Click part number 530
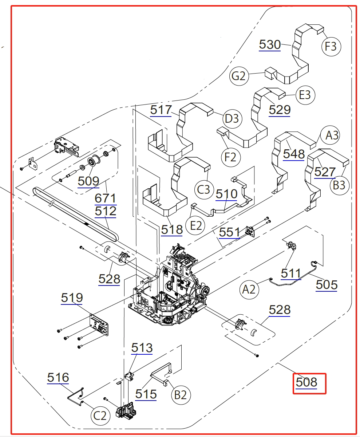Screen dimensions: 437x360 (x=270, y=45)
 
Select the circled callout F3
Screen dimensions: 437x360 (x=331, y=47)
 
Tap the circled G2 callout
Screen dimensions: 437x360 (x=239, y=76)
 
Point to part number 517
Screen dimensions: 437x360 (x=161, y=110)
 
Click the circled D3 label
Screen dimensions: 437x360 (x=232, y=118)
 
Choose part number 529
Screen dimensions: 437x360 (x=280, y=109)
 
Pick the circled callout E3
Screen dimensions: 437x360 (x=305, y=95)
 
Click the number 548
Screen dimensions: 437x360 (x=294, y=154)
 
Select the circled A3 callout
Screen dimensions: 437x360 (x=332, y=135)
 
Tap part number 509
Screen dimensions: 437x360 (x=88, y=181)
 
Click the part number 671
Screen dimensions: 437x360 (x=105, y=199)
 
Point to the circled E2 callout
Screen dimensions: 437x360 (x=196, y=226)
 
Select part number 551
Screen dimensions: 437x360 (x=229, y=232)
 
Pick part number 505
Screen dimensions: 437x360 (x=327, y=284)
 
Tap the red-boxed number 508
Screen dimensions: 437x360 (x=306, y=382)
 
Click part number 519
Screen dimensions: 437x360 (x=72, y=298)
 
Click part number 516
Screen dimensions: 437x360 (x=58, y=378)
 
